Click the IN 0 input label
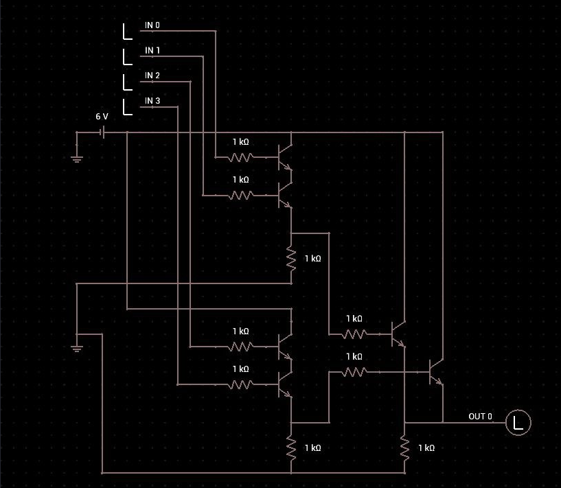pyautogui.click(x=152, y=25)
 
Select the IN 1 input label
pyautogui.click(x=152, y=51)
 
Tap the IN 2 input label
pyautogui.click(x=152, y=75)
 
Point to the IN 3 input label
pyautogui.click(x=152, y=101)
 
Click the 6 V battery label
pyautogui.click(x=102, y=117)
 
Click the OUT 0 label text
pyautogui.click(x=480, y=417)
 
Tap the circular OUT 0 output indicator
pyautogui.click(x=518, y=422)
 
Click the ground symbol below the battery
pyautogui.click(x=77, y=159)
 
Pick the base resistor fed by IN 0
pyautogui.click(x=240, y=157)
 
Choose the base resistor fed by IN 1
pyautogui.click(x=240, y=195)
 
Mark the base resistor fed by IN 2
pyautogui.click(x=240, y=347)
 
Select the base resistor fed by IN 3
pyautogui.click(x=240, y=384)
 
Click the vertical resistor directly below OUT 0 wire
pyautogui.click(x=405, y=448)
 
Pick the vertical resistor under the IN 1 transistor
pyautogui.click(x=291, y=259)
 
